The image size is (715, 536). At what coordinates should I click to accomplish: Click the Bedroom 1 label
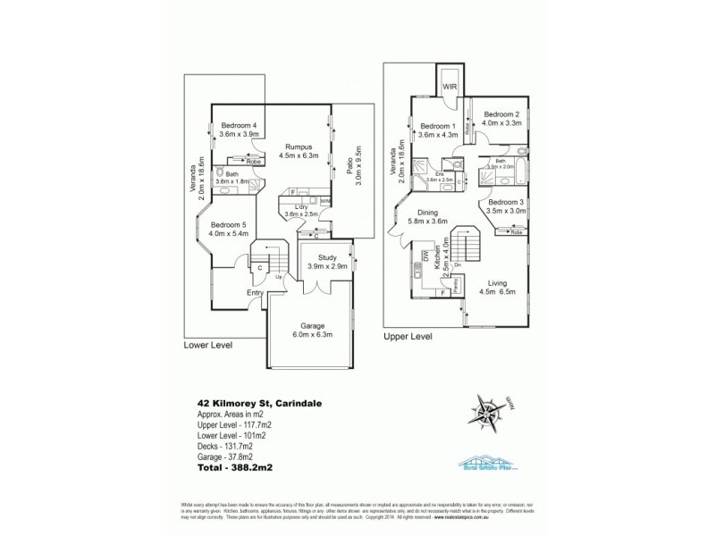coord(438,126)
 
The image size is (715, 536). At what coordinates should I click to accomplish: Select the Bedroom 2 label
coord(501,114)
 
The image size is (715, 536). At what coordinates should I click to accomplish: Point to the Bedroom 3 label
coord(507,202)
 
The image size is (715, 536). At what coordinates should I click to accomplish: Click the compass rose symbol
coord(490,414)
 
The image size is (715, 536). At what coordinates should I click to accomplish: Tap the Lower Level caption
coord(207,344)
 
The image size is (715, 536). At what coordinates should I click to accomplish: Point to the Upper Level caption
coord(408,337)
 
